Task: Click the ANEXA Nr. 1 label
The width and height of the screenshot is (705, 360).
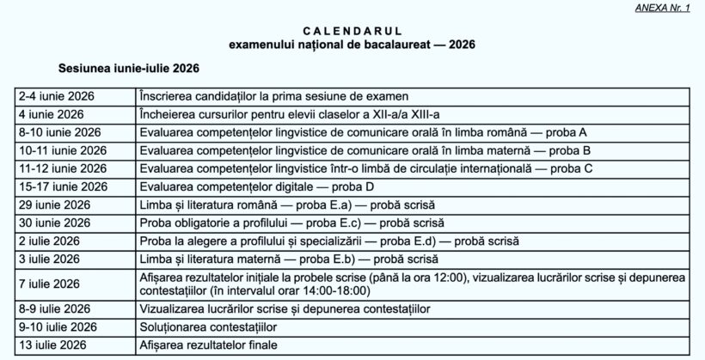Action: (668, 7)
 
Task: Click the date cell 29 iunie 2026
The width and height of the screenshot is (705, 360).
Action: (53, 204)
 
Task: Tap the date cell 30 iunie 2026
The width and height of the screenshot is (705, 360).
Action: (53, 223)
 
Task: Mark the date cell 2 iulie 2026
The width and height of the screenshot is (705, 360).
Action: (48, 241)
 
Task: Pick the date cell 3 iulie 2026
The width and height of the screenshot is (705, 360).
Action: (48, 259)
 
